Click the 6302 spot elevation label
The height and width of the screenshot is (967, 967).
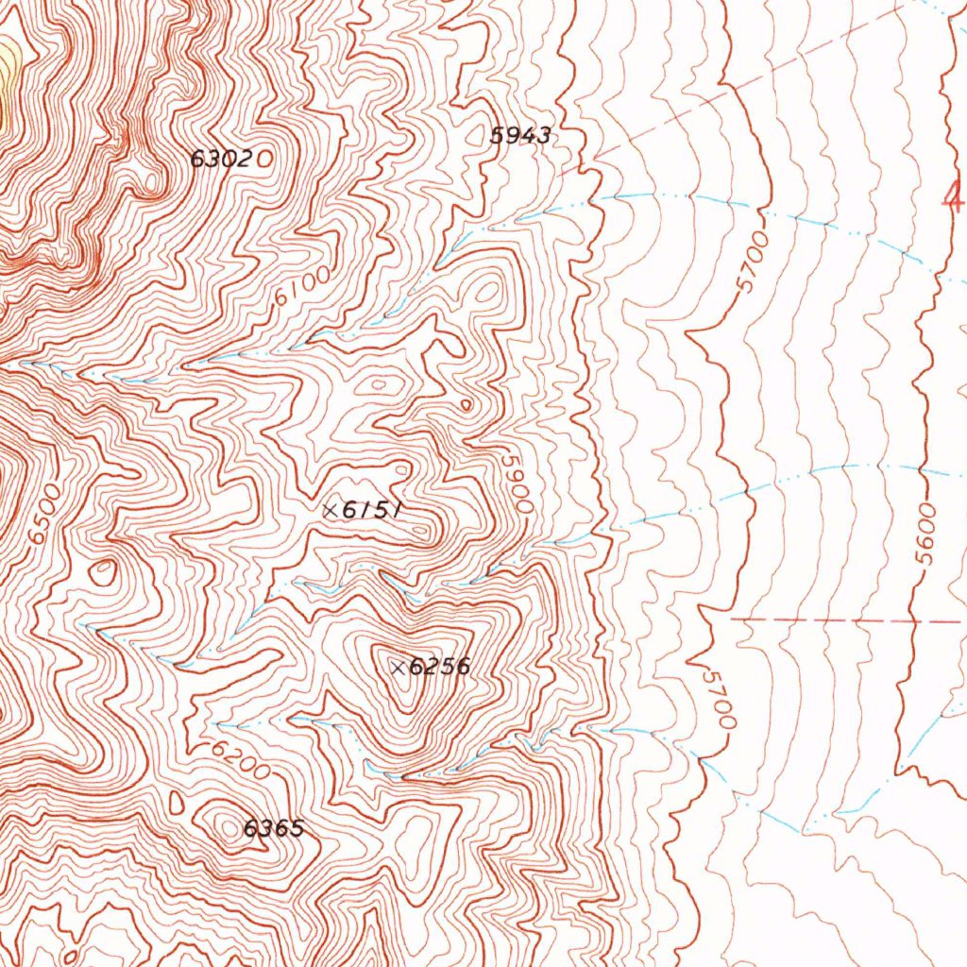tap(220, 159)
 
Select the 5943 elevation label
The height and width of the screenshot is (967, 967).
tap(520, 135)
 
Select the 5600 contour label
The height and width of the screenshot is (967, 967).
tap(925, 534)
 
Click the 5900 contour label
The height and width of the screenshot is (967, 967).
tap(517, 483)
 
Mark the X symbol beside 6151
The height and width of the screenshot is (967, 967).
tap(330, 510)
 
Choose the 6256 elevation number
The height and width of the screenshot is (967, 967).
tap(439, 667)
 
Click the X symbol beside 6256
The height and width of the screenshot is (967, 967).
tap(399, 668)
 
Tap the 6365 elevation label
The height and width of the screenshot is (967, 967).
tap(273, 828)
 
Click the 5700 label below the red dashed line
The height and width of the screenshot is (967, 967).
tap(720, 698)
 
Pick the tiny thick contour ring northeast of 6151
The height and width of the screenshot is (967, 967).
tap(466, 405)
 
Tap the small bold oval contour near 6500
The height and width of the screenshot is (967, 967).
tap(103, 571)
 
